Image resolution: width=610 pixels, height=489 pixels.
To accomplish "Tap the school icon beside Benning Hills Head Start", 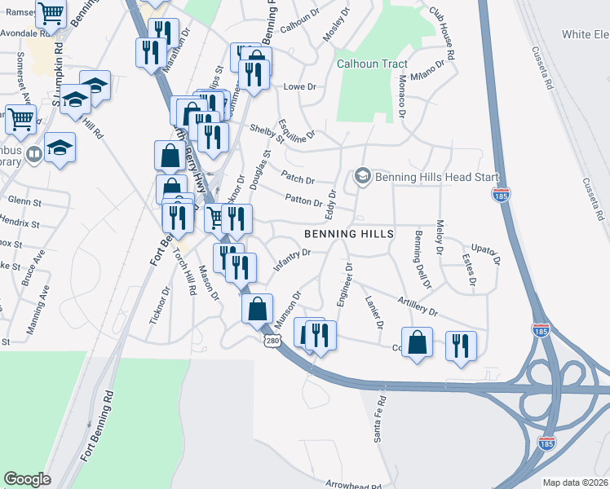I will (362, 176).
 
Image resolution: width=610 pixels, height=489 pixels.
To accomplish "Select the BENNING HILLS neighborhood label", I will (349, 234).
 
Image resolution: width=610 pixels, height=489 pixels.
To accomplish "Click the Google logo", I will (27, 479).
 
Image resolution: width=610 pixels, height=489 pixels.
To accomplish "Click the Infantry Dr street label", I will (293, 259).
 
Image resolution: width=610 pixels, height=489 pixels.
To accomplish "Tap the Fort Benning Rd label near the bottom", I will (95, 429).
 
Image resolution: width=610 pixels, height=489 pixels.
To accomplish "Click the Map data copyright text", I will (575, 482).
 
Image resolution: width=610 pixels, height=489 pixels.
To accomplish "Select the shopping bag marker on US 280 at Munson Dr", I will (257, 309).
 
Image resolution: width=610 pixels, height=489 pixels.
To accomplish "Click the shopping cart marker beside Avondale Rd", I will (51, 15).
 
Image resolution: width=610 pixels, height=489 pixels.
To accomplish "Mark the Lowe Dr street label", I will (294, 86).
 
